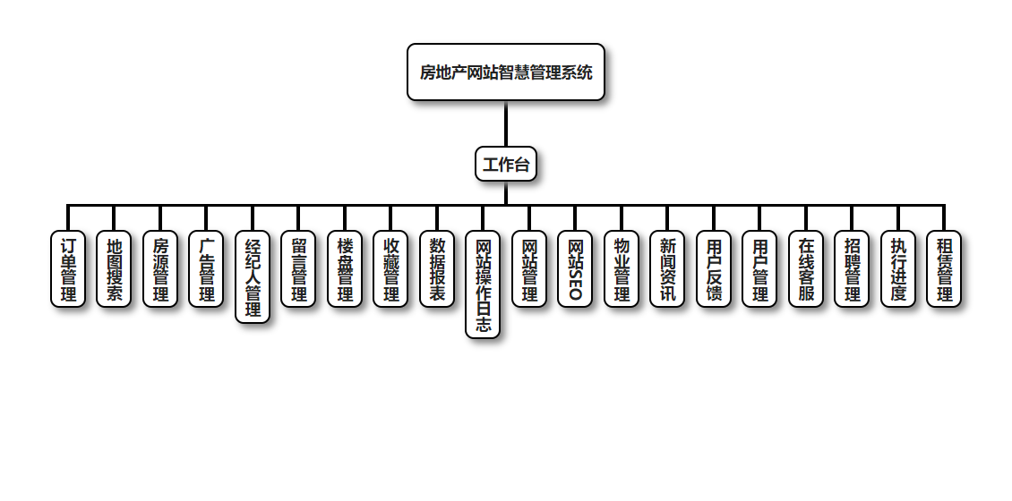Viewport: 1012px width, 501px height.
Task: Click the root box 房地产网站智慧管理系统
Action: tap(506, 72)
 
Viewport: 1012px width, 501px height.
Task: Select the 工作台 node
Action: tap(506, 164)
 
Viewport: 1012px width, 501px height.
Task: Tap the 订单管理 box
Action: tap(68, 269)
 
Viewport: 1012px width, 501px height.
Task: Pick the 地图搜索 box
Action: tap(114, 269)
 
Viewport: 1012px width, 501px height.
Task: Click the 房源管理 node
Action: tap(160, 269)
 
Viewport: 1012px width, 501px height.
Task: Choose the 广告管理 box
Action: tap(206, 269)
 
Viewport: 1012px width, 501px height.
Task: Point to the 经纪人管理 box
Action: tap(253, 277)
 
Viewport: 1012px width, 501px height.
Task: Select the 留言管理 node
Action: tap(298, 269)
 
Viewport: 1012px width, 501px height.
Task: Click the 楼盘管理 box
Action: tap(345, 269)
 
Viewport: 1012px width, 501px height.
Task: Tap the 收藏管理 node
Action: tap(390, 269)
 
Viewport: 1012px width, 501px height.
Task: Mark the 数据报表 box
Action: tap(437, 269)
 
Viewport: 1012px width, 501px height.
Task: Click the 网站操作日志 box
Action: tap(483, 285)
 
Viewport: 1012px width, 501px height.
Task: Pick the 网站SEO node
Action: tap(575, 269)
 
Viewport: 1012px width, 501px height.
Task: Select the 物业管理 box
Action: tap(622, 269)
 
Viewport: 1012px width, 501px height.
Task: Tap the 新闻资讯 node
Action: tap(667, 269)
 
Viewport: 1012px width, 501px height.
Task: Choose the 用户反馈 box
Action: tap(714, 269)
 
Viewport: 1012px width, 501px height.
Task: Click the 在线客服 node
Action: tap(806, 269)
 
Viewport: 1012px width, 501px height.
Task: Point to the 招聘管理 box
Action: tap(852, 269)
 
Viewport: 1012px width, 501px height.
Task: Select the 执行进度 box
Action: tap(898, 269)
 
